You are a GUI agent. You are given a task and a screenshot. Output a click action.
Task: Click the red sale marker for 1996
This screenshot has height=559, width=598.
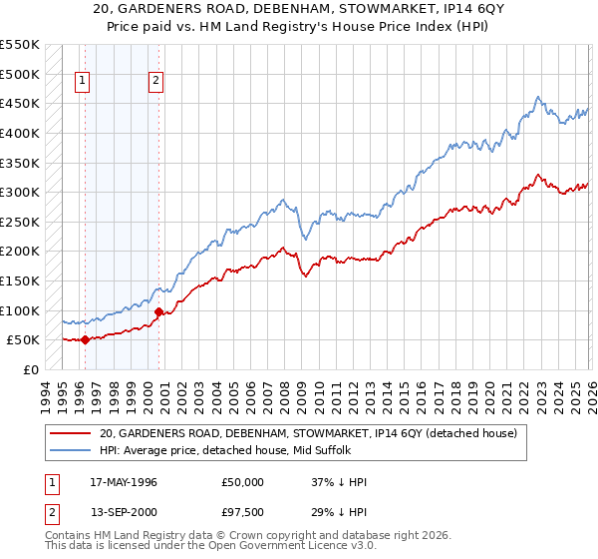85,339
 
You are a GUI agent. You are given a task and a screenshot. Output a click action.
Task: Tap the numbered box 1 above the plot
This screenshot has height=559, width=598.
82,83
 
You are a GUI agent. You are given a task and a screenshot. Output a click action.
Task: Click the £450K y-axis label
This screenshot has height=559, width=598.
20,103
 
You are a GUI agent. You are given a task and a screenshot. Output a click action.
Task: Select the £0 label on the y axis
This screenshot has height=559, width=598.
30,369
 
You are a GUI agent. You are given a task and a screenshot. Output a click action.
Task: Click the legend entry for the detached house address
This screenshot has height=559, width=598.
307,434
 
